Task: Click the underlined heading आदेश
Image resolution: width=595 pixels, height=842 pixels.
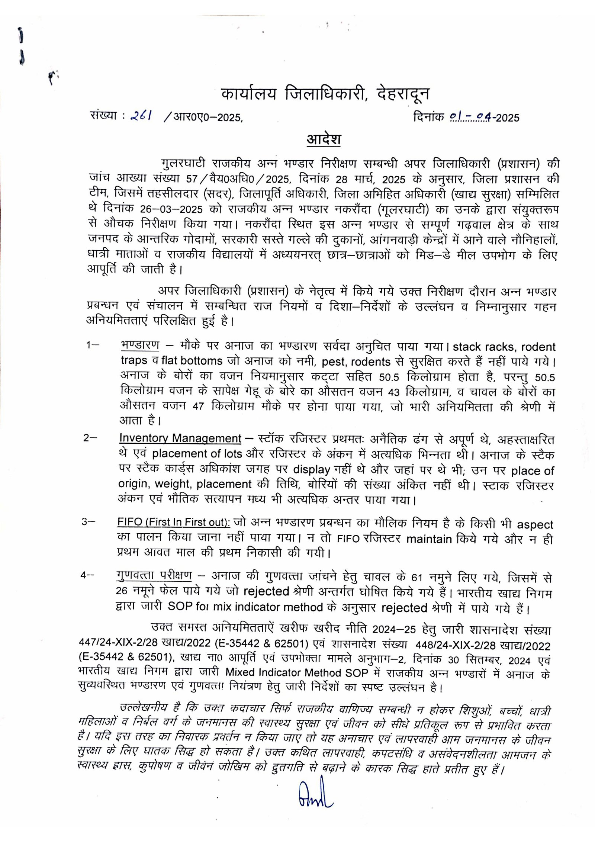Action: (x=324, y=139)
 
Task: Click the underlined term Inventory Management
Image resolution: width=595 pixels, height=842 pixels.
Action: (x=180, y=438)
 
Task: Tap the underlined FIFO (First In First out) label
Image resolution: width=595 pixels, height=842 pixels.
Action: (x=174, y=522)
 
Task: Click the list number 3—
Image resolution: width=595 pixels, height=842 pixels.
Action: (x=89, y=522)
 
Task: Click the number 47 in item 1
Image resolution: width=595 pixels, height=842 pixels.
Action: (x=198, y=406)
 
